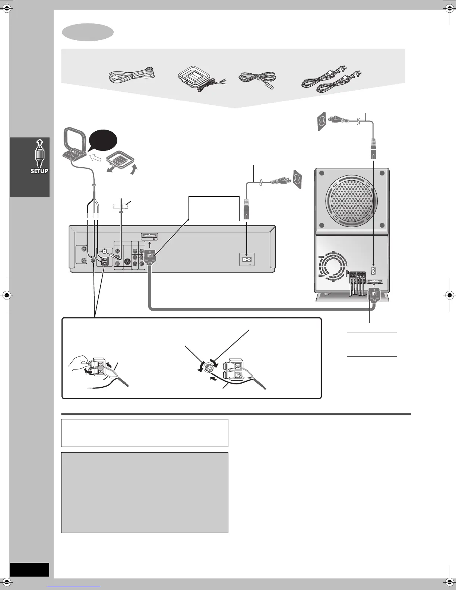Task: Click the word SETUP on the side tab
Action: point(39,171)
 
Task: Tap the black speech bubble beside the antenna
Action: point(103,141)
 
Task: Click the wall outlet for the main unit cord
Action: point(297,179)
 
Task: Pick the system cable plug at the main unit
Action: point(149,257)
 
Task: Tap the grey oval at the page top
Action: point(88,32)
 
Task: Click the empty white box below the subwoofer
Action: point(372,345)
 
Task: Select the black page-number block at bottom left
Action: point(29,570)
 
